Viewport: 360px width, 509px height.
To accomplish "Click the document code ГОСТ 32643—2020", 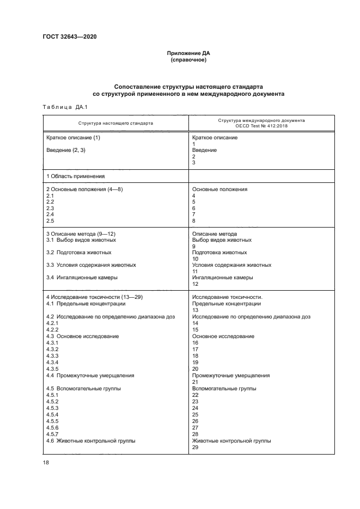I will tap(66, 37).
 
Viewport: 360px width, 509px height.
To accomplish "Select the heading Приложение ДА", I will tap(188, 53).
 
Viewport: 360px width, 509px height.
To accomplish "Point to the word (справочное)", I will tap(188, 60).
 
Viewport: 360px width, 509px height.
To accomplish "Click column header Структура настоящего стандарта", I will tap(115, 123).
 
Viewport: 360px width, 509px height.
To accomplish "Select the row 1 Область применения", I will tap(75, 176).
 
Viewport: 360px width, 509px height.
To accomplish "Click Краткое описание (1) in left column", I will tap(74, 137).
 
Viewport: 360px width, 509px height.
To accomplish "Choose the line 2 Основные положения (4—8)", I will tap(84, 189).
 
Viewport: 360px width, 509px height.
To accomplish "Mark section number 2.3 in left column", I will tap(50, 208).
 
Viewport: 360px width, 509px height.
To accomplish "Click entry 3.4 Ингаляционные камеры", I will tap(82, 277).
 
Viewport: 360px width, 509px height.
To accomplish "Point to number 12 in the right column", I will tap(196, 284).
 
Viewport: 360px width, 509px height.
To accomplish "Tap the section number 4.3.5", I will tap(52, 369).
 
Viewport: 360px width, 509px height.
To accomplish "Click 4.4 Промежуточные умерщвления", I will tap(90, 375).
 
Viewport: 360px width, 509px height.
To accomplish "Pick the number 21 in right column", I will tap(196, 382).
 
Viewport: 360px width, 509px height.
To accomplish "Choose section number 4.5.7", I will tap(52, 434).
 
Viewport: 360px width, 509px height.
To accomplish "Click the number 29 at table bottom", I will tap(196, 447).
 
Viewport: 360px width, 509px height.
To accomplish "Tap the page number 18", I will tap(46, 462).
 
